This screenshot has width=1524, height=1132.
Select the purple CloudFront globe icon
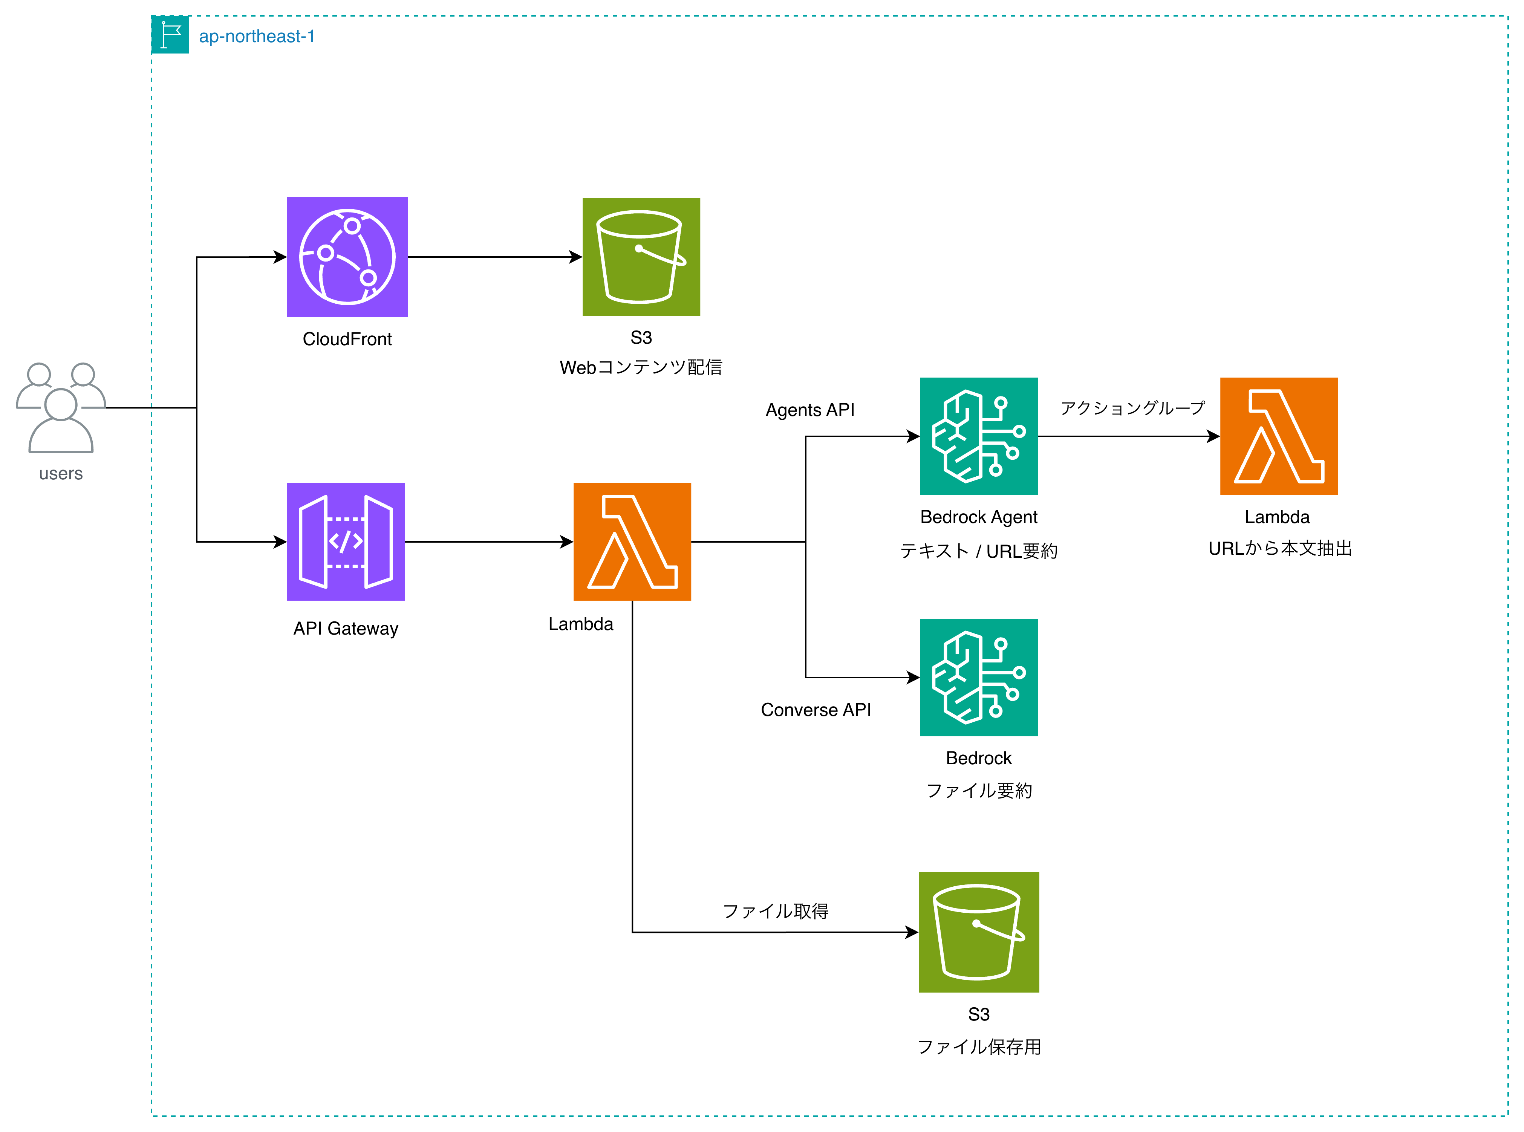coord(347,257)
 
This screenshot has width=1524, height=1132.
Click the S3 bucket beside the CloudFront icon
coord(641,257)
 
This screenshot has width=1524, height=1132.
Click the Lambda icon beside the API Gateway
coord(632,542)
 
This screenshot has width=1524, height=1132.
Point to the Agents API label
coord(810,410)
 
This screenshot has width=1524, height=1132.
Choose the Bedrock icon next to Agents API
coord(979,436)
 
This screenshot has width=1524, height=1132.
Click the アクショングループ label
coord(1132,408)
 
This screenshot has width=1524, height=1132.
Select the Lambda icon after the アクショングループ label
coord(1279,436)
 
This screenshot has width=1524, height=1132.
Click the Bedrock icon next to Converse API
coord(979,678)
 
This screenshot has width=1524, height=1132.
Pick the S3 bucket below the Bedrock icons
coord(979,932)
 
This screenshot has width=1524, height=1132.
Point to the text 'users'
coord(61,474)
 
